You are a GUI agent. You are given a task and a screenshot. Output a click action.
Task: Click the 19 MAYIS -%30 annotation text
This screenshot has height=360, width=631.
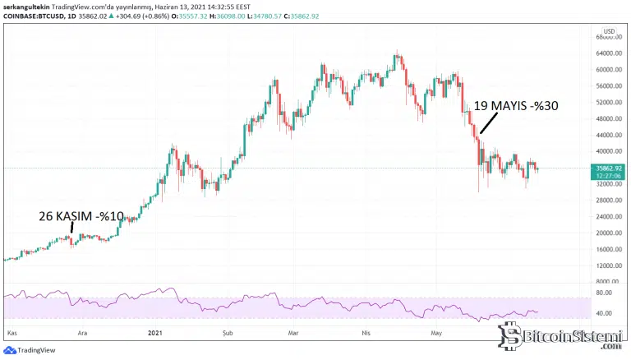[x=517, y=106]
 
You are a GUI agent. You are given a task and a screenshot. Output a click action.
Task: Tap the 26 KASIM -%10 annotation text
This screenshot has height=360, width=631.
[x=81, y=216]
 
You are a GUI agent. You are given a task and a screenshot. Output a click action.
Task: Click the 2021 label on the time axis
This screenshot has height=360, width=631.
[x=153, y=333]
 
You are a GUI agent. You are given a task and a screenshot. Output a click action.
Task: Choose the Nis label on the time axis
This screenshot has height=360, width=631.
[x=367, y=333]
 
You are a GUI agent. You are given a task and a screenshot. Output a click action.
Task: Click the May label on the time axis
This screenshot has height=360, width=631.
[x=437, y=333]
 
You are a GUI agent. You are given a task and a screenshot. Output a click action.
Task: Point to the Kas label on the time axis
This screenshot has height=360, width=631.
[x=12, y=333]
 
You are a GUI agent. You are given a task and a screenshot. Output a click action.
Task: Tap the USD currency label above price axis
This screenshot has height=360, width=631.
[x=609, y=32]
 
